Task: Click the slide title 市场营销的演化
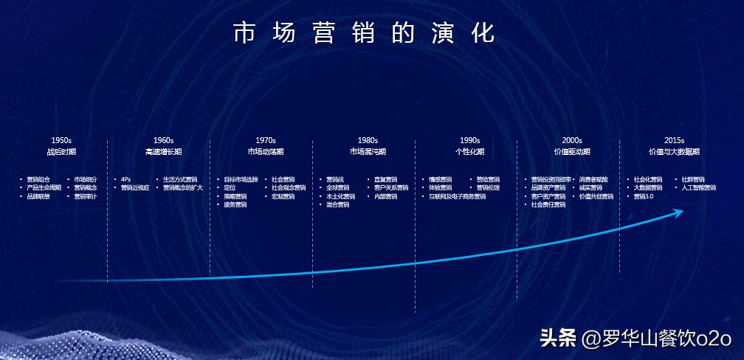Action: [364, 34]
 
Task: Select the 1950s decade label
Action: [61, 140]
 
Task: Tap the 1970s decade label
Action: [266, 140]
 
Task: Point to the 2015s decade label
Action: [674, 140]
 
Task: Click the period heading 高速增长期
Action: [163, 152]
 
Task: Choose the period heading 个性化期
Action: [469, 152]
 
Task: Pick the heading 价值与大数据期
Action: [674, 152]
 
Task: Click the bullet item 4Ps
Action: [125, 179]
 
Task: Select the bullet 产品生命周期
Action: [44, 188]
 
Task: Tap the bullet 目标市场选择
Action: [241, 179]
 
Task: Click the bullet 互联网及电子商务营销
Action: [457, 197]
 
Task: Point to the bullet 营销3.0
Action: [644, 197]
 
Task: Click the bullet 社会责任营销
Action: [548, 205]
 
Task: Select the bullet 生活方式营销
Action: [180, 179]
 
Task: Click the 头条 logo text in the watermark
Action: [557, 339]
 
